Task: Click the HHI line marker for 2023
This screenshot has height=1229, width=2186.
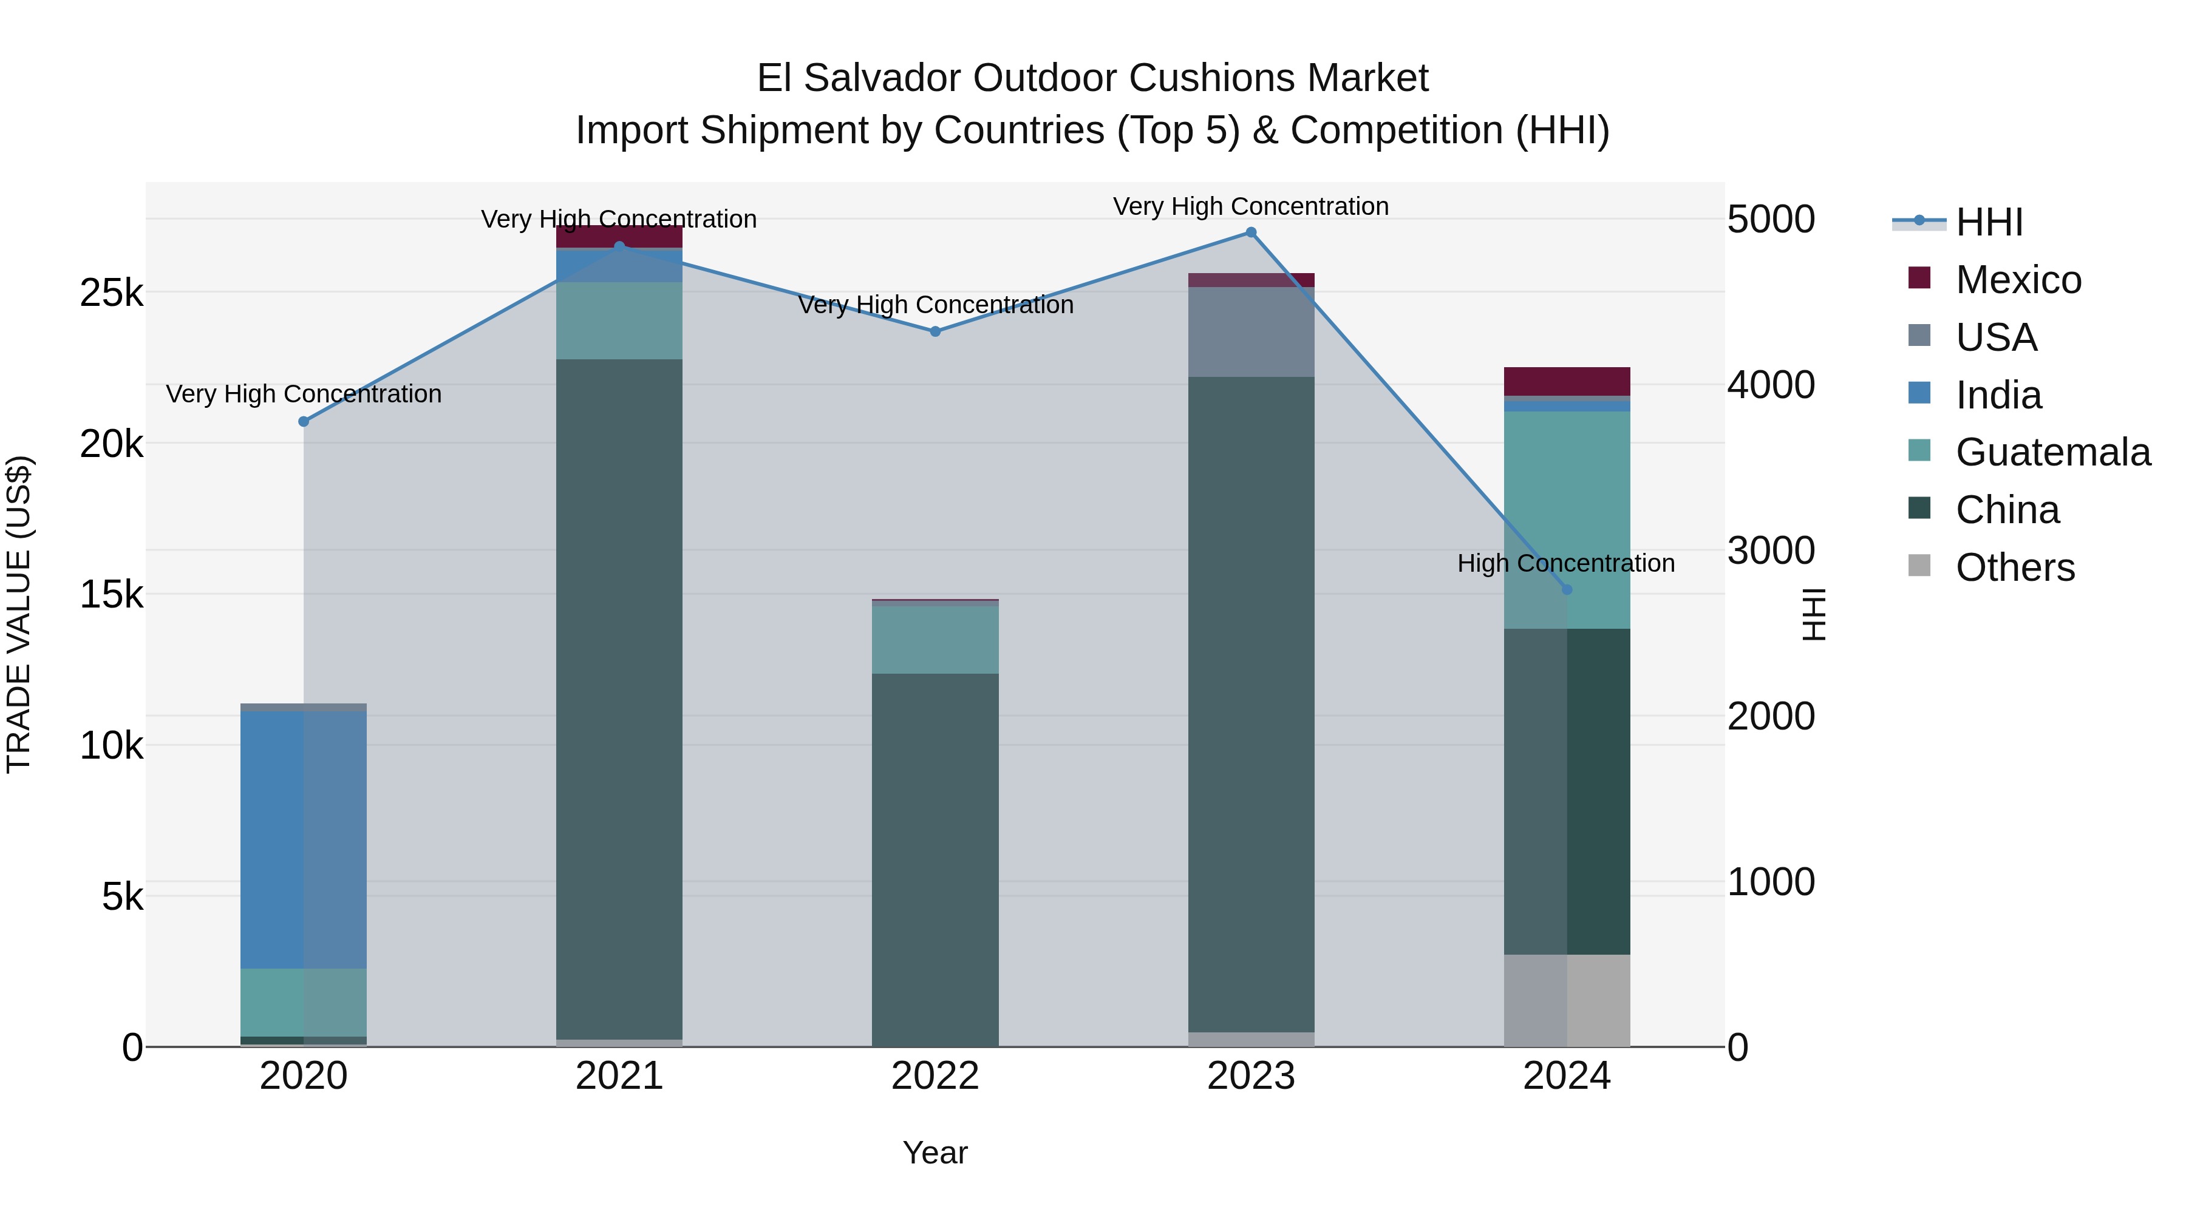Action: pos(1251,232)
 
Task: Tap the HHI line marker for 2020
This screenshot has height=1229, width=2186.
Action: pos(304,422)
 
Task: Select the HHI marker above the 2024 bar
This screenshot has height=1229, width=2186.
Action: pos(1567,589)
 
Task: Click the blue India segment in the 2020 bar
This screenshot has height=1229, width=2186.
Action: pos(304,840)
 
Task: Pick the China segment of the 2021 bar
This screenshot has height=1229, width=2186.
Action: pos(619,696)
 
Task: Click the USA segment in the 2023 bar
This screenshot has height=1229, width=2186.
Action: pos(1251,331)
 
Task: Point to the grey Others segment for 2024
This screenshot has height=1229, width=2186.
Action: pos(1567,1000)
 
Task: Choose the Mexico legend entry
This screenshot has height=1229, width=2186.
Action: pos(2018,280)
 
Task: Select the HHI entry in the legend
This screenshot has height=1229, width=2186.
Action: pos(1988,222)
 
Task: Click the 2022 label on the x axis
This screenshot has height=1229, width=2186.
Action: pos(935,1076)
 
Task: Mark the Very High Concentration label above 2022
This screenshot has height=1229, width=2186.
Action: pos(935,305)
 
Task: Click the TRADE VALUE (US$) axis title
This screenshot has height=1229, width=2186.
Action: pos(19,614)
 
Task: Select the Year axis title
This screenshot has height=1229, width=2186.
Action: pos(935,1153)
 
